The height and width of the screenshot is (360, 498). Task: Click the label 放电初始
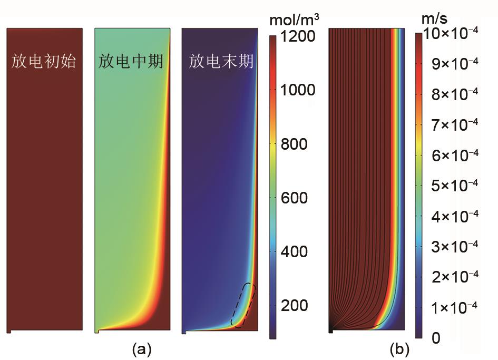44,62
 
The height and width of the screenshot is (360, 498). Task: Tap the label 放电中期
131,62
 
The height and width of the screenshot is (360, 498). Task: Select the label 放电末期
221,62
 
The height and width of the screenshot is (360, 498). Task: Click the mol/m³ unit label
294,21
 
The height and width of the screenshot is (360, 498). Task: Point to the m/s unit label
434,20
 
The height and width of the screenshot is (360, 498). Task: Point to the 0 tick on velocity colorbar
436,337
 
